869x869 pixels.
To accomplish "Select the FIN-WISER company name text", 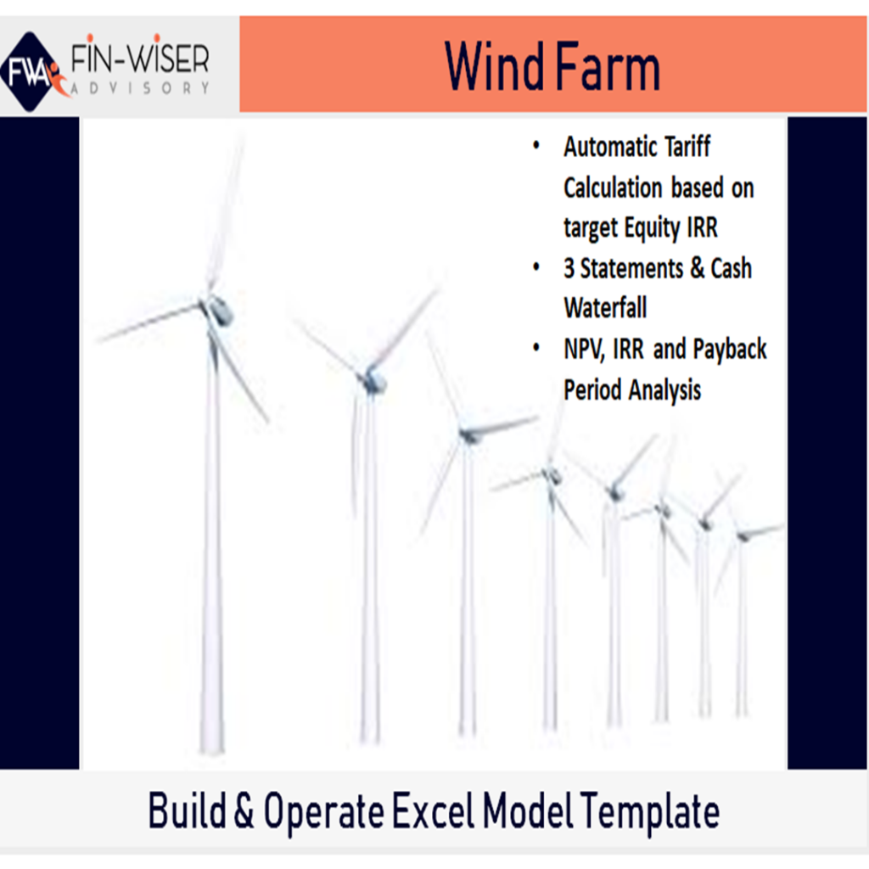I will (140, 59).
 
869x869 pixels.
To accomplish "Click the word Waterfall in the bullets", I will (605, 307).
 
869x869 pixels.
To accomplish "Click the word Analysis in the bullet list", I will (665, 390).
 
